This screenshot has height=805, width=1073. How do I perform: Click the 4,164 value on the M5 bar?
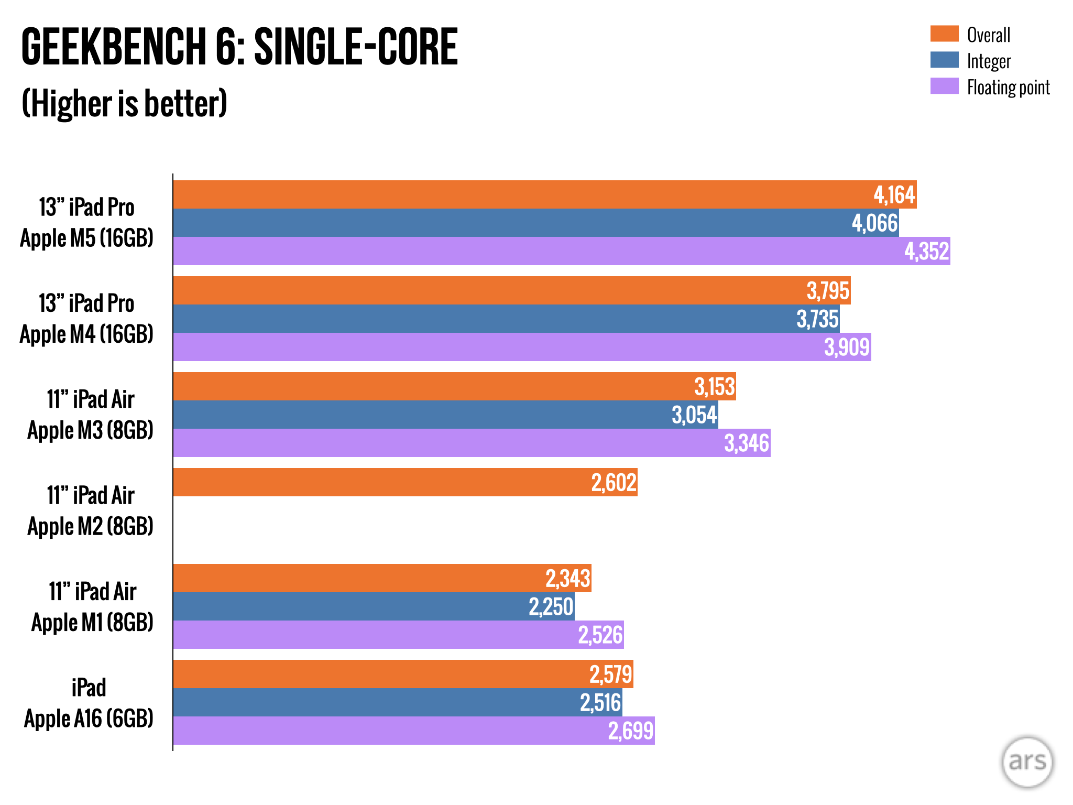(x=894, y=195)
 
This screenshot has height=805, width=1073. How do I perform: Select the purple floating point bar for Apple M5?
(x=524, y=251)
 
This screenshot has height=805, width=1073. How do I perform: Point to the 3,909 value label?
(x=847, y=347)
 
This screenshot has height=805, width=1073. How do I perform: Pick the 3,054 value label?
(x=694, y=415)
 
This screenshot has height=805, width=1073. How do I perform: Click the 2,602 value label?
(x=614, y=483)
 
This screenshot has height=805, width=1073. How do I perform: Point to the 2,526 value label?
(x=600, y=635)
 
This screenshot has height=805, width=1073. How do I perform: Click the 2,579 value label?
(x=610, y=675)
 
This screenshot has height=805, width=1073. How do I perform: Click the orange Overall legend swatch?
(x=944, y=34)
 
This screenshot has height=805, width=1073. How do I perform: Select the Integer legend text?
(x=989, y=61)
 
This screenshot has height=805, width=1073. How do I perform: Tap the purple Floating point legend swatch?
(x=944, y=86)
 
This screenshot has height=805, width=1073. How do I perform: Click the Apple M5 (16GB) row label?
(x=86, y=238)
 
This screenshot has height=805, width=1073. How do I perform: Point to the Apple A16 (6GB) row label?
(x=89, y=718)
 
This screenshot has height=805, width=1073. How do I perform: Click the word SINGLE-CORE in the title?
(x=356, y=47)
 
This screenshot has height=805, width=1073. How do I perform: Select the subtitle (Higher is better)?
(x=124, y=103)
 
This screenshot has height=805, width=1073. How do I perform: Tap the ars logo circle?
(x=1027, y=762)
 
